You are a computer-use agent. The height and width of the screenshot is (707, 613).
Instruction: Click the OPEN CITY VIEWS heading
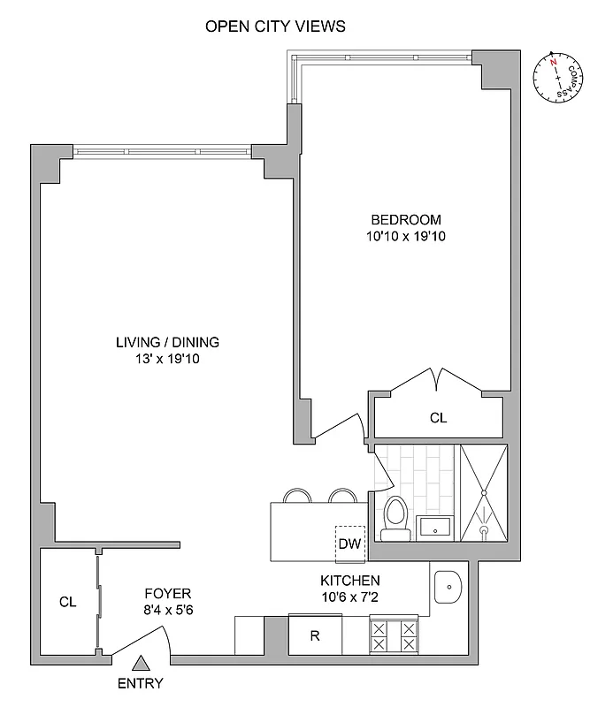pos(275,27)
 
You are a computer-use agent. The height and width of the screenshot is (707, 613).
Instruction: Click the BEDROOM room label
pos(405,220)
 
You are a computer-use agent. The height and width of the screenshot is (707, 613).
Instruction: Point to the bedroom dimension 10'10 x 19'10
pos(405,236)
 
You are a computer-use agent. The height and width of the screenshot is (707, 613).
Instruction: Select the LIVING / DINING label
pos(167,342)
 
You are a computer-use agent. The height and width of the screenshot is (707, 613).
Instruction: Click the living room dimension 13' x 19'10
pos(167,359)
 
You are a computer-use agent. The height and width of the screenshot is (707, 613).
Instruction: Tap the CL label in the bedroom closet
pos(438,418)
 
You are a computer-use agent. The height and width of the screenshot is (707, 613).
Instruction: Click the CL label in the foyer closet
pos(67,602)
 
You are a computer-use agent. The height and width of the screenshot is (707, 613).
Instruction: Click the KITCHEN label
pos(350,581)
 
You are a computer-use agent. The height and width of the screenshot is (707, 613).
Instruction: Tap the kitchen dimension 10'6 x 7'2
pos(350,597)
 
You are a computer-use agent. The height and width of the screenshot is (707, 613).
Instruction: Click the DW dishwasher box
pos(349,544)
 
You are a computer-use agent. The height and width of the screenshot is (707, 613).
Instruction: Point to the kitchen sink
pos(450,585)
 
